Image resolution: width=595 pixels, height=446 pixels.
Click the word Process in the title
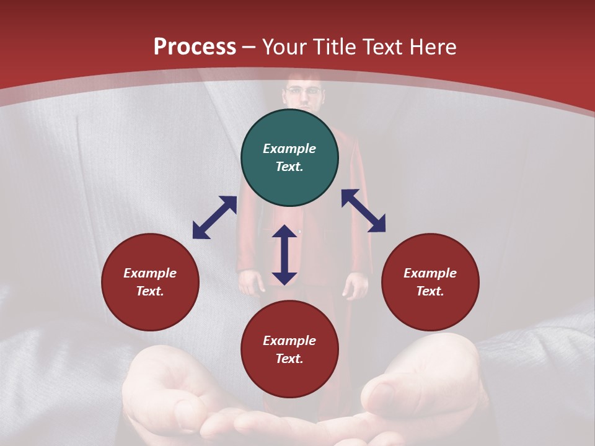coord(195,47)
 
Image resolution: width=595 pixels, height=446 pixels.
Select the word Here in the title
coord(432,47)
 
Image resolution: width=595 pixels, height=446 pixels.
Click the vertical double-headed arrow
coord(284,255)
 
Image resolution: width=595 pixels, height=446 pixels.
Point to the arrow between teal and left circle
coord(214,217)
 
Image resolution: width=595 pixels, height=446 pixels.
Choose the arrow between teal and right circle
coord(363,211)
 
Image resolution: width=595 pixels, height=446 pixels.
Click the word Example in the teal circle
coord(289,149)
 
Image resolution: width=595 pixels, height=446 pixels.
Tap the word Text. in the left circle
coord(150,291)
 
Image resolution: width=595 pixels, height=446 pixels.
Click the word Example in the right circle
coord(430,273)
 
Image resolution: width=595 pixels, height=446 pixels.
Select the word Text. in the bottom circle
coord(289,359)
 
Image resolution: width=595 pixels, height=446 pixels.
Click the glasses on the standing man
coord(304,91)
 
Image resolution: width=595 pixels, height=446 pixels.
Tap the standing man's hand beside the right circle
coord(356,285)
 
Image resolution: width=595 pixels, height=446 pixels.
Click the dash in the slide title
coord(249,47)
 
